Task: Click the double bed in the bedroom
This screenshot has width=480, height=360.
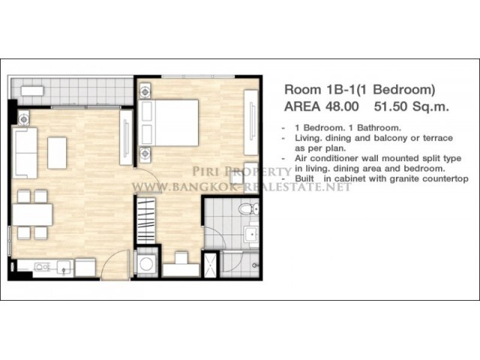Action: click(168, 122)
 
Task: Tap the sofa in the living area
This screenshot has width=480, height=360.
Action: click(25, 153)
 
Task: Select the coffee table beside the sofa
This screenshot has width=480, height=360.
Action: click(57, 153)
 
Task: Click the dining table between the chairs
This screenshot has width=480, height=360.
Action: click(32, 214)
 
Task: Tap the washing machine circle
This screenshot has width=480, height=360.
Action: click(146, 263)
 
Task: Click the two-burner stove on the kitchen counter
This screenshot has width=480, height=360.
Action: click(42, 267)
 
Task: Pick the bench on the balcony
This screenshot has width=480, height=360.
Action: click(32, 91)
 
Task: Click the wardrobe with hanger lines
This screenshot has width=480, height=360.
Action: click(146, 220)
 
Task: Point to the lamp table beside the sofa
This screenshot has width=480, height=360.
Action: click(23, 118)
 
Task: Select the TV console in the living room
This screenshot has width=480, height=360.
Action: click(126, 137)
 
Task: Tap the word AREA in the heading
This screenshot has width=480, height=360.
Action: click(302, 106)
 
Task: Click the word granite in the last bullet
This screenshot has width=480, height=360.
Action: click(403, 178)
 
